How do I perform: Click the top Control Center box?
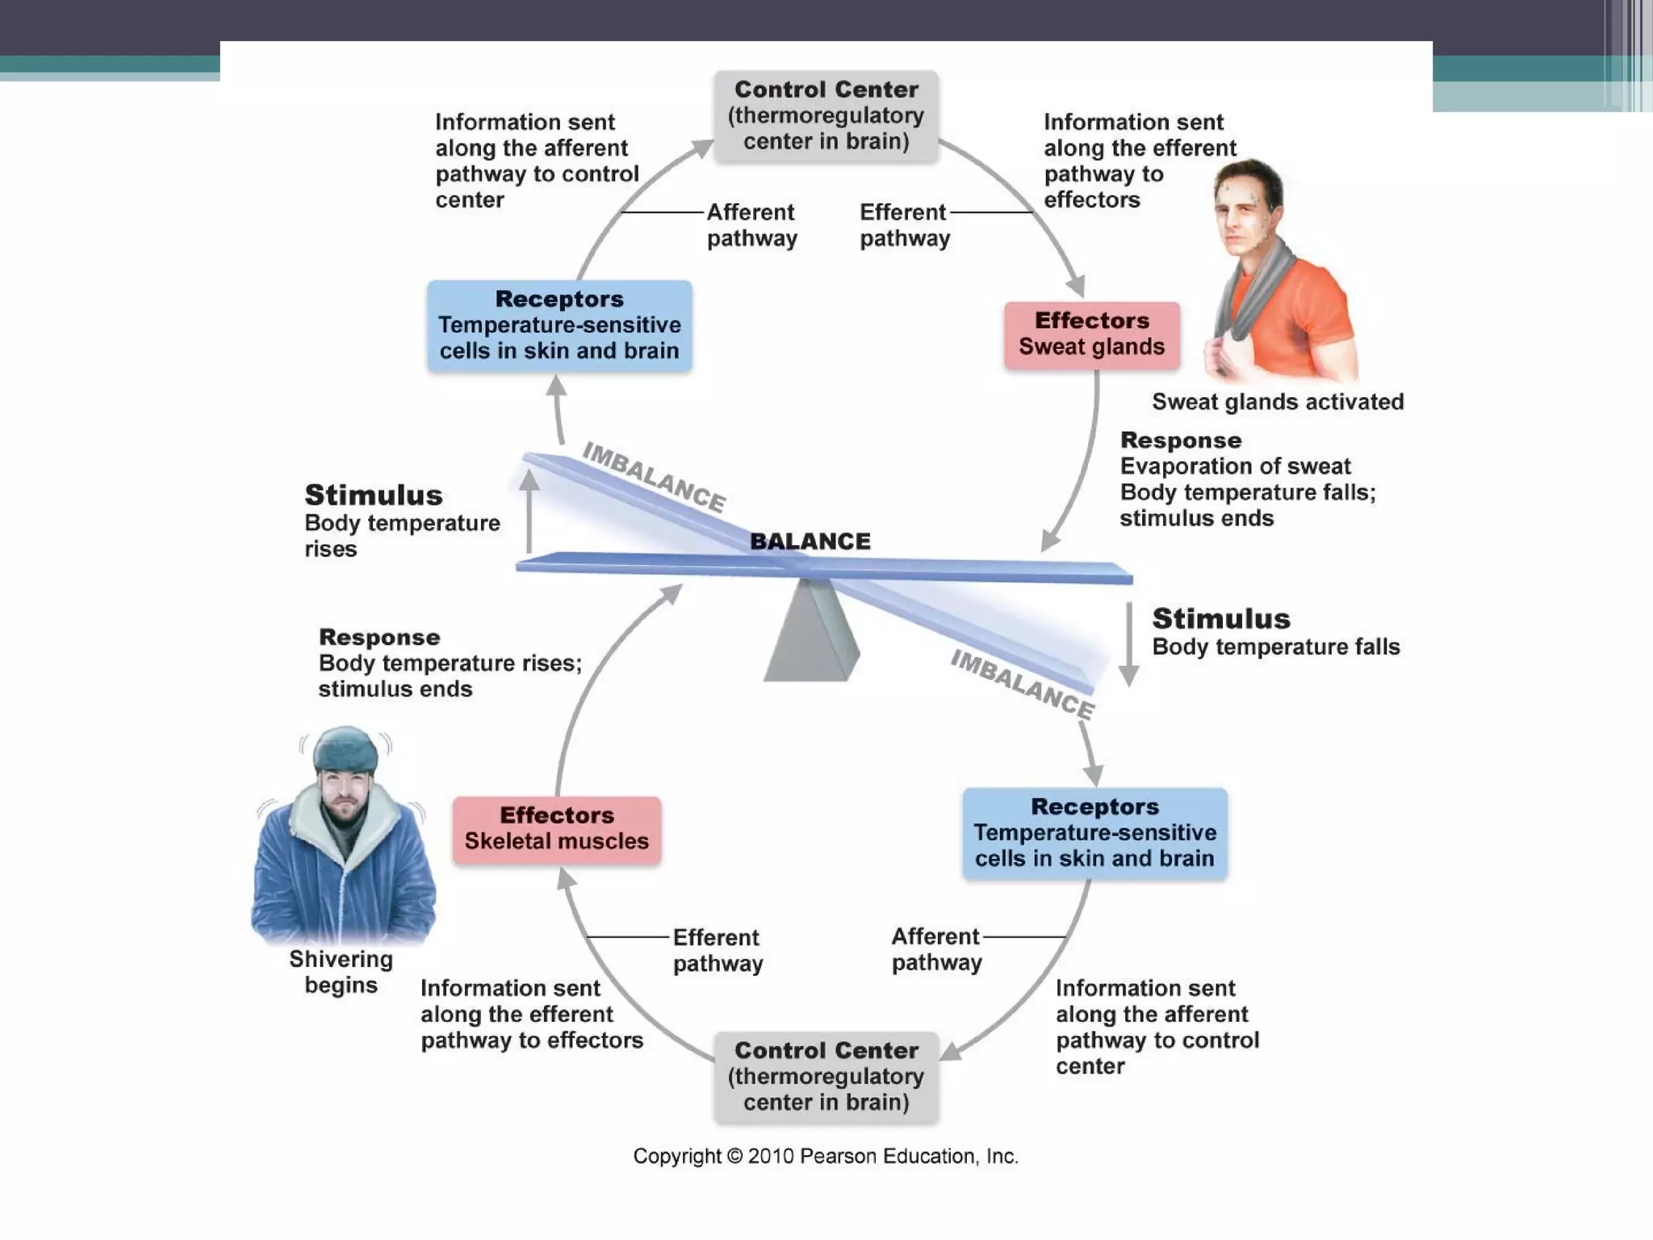pos(826,115)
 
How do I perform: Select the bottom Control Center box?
pos(826,1076)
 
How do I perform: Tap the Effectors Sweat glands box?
pos(1091,334)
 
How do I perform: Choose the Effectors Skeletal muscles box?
pos(556,829)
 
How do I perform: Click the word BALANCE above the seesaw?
pos(810,541)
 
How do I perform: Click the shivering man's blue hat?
pos(345,748)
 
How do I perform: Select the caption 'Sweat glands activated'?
pos(1277,402)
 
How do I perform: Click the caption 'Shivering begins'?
pos(341,972)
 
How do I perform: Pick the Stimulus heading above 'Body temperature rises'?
pos(373,495)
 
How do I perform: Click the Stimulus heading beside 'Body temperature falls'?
pos(1220,618)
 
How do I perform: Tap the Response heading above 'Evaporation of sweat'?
pos(1180,441)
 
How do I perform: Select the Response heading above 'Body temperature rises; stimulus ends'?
pos(379,637)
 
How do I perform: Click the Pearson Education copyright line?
pos(825,1156)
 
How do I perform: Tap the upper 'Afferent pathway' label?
pos(751,225)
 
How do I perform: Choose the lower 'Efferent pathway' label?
pos(718,950)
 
